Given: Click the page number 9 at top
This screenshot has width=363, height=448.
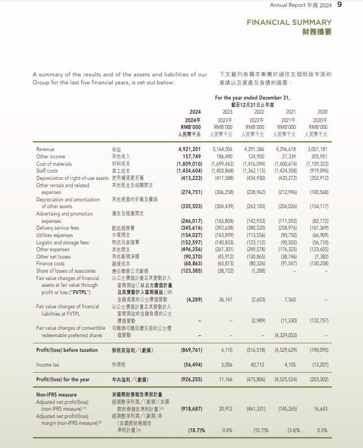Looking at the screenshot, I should click(339, 5).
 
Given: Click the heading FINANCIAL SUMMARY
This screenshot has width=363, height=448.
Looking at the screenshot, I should click(288, 22).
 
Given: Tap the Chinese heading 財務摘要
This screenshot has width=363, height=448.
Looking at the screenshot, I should click(317, 32).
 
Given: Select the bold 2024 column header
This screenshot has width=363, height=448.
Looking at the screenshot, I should click(195, 112).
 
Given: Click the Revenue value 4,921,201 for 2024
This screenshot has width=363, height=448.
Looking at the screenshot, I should click(190, 149).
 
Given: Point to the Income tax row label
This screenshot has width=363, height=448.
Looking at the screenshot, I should click(48, 365).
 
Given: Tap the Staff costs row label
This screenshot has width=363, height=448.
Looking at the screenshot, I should click(47, 170).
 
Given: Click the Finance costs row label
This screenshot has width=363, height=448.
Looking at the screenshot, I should click(50, 264).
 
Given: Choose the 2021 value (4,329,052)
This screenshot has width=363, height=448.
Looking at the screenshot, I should click(286, 335).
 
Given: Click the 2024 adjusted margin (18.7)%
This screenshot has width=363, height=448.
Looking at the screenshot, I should click(195, 430).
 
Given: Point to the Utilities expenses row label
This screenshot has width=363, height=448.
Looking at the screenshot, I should click(54, 235).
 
